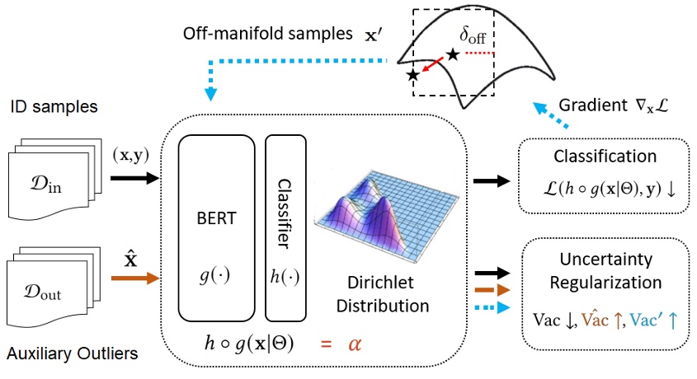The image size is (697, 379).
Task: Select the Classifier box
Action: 285,227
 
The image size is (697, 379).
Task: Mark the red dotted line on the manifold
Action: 478,54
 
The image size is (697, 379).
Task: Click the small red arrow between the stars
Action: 431,65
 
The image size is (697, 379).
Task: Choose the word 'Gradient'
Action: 586,109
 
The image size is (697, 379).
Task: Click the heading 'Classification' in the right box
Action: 606,155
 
